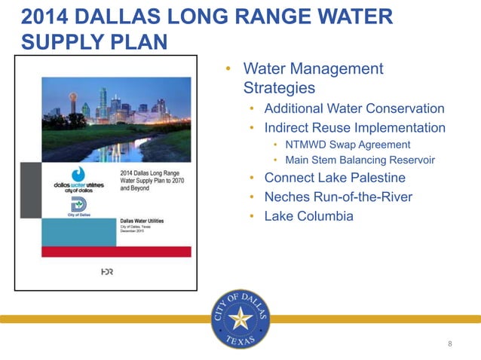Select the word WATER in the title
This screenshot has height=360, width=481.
pos(351,17)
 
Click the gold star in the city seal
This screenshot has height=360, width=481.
pos(240,319)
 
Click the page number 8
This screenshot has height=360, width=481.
pos(450,344)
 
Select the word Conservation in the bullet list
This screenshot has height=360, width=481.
pos(406,108)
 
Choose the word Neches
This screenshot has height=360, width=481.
pos(286,197)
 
